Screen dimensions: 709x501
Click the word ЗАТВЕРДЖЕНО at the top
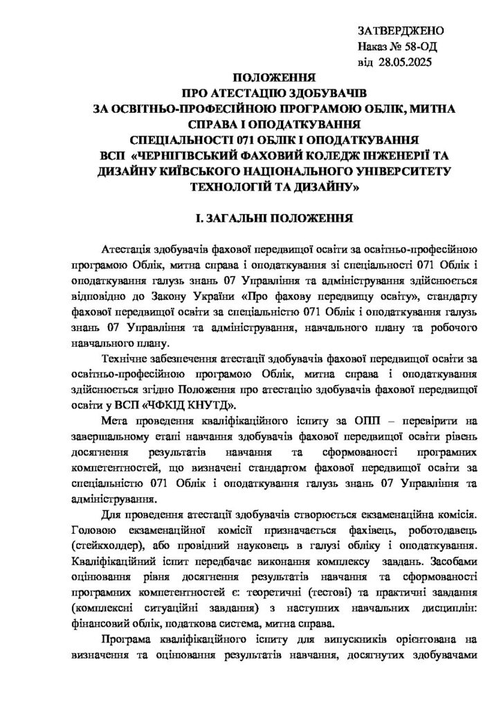(400, 33)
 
